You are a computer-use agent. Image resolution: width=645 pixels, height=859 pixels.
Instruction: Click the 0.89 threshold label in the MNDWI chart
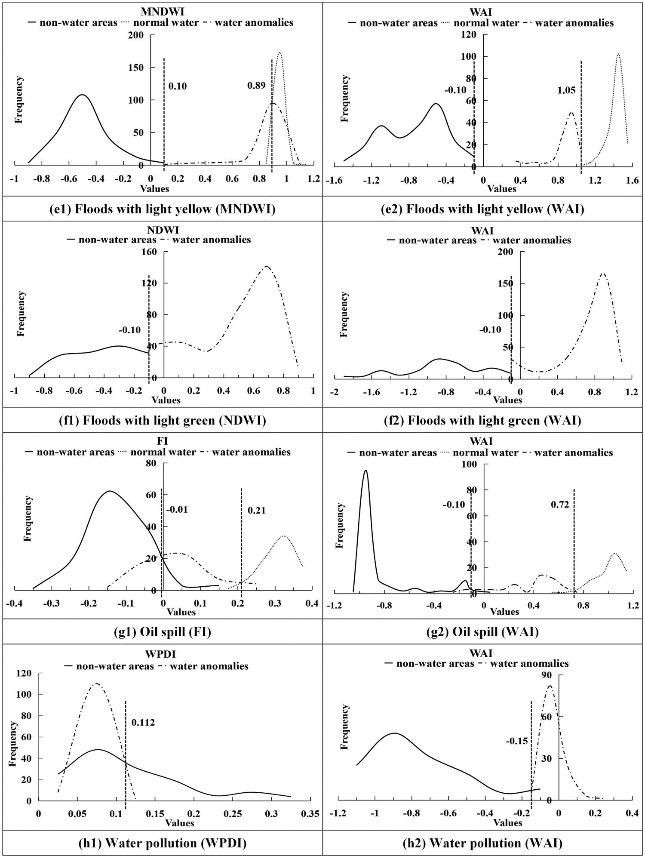(256, 86)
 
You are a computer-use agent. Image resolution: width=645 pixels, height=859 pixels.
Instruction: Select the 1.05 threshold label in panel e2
(566, 90)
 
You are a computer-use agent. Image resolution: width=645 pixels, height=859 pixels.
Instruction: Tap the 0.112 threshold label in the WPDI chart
(143, 722)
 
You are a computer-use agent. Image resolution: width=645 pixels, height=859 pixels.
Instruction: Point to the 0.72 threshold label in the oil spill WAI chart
(560, 505)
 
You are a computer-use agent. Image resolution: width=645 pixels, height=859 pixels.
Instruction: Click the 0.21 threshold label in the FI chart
(256, 511)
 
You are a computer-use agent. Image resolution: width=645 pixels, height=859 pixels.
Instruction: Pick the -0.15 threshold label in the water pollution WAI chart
(516, 741)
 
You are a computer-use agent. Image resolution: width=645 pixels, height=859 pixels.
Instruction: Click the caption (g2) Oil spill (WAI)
(483, 631)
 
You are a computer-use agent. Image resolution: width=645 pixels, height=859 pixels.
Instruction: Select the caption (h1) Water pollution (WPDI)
(163, 843)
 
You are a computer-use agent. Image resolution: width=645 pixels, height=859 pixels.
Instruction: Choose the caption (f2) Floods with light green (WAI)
(482, 420)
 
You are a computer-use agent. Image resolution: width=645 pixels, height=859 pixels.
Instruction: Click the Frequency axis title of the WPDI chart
(13, 744)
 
